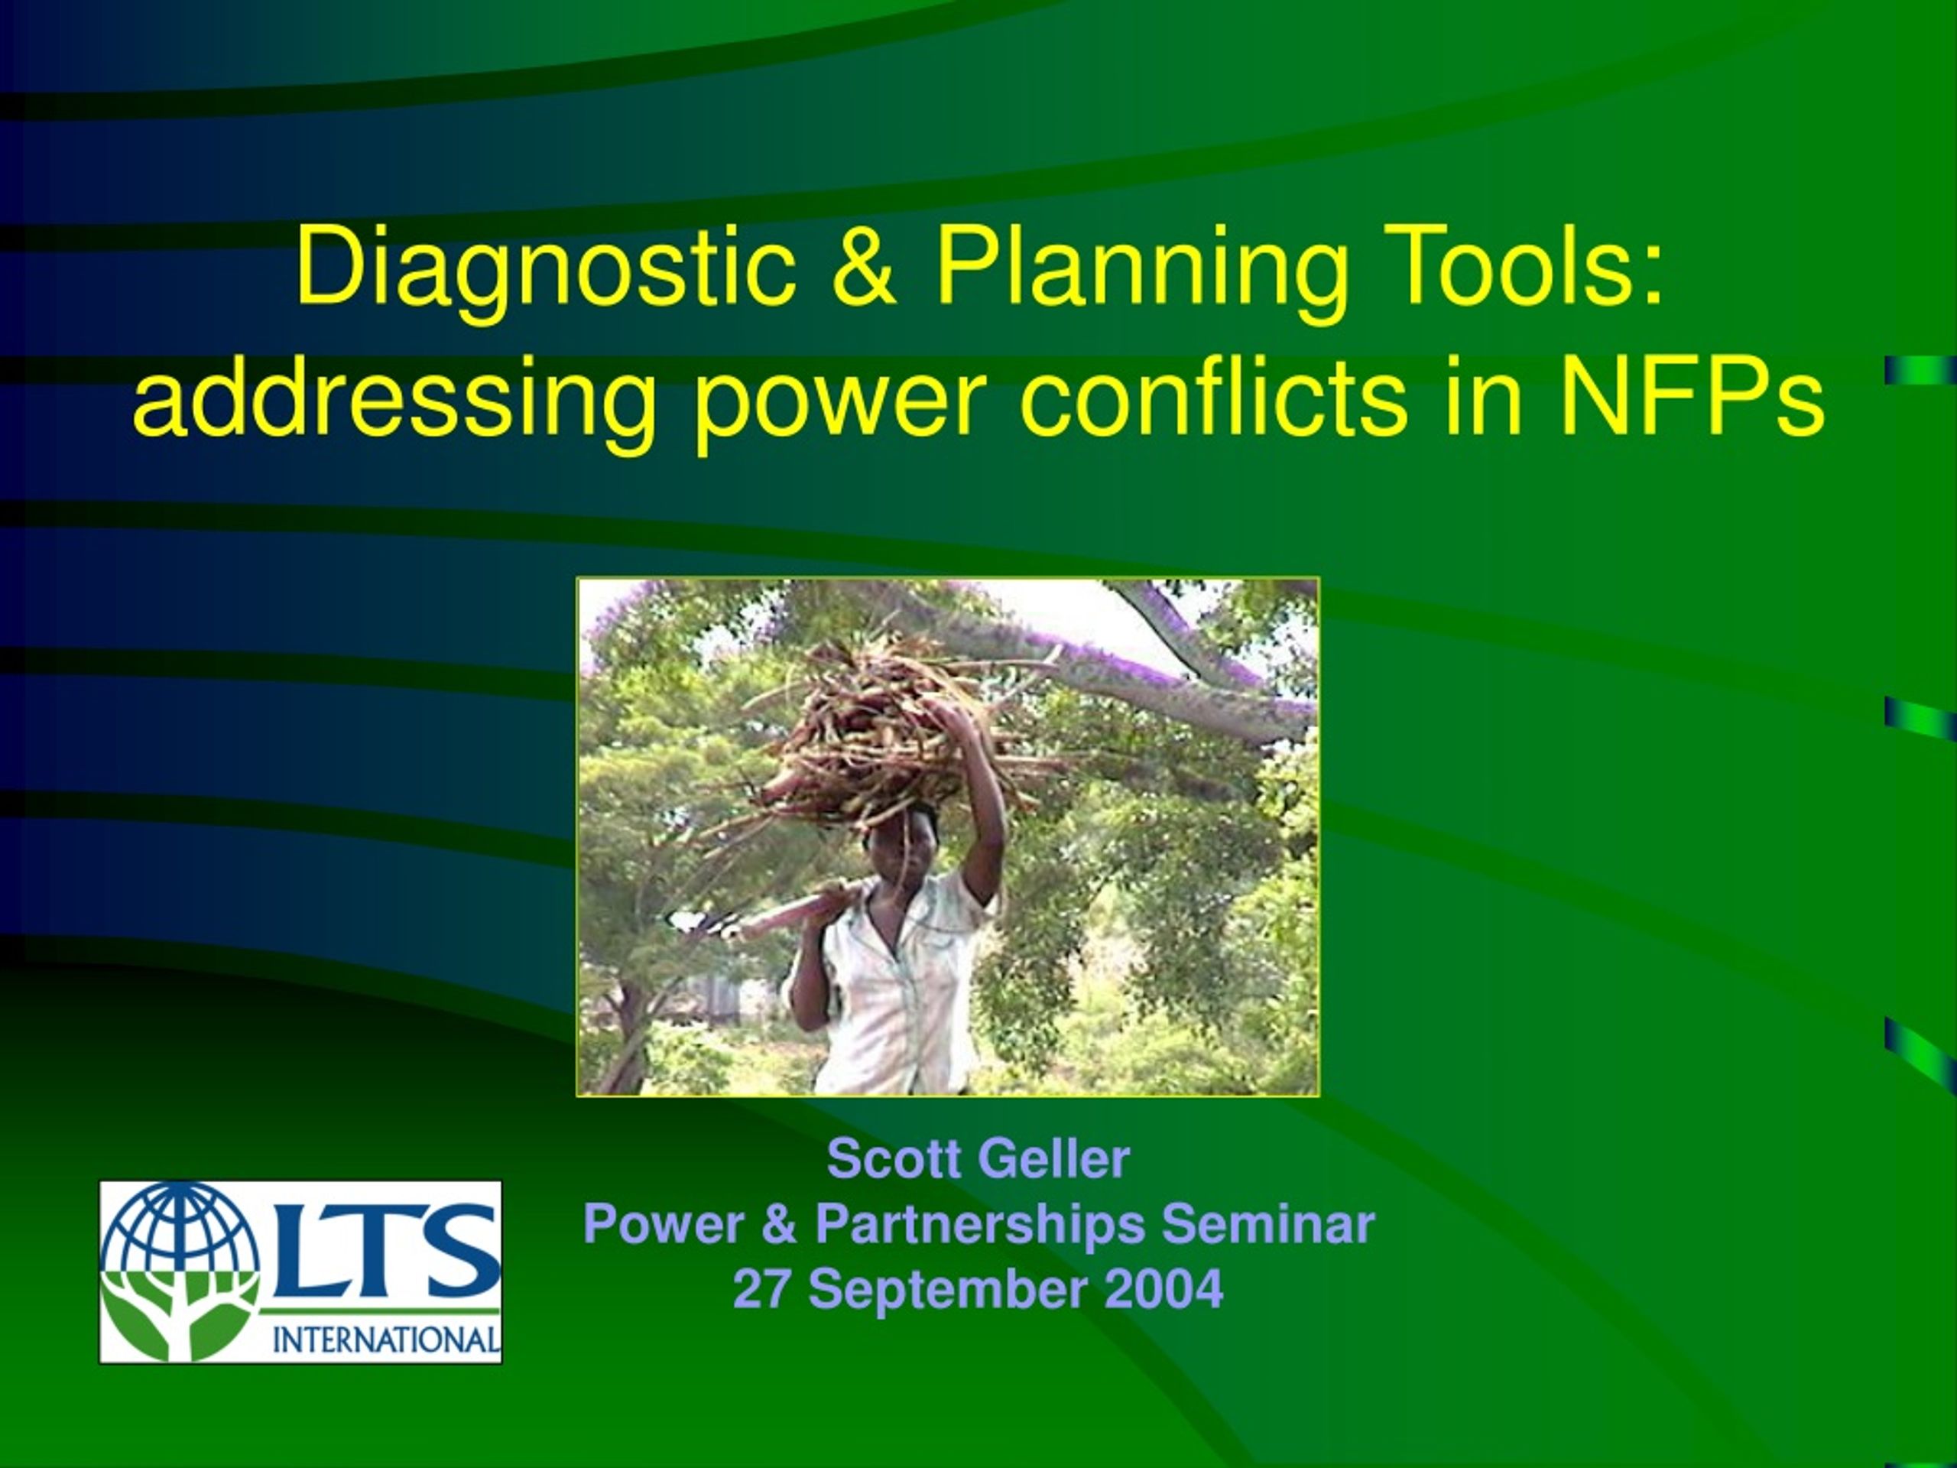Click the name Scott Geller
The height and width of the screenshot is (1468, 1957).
978,1159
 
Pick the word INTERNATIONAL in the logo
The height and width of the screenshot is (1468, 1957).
386,1340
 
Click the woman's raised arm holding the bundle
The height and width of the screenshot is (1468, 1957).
978,797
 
